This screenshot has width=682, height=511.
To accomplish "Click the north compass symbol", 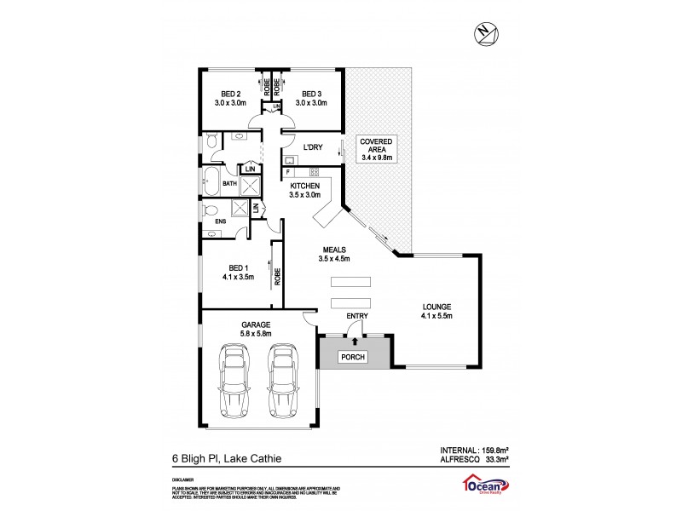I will click(x=484, y=32).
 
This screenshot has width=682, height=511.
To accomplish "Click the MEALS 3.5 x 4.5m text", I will click(x=333, y=254).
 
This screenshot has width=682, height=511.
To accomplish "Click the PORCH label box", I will click(x=353, y=358).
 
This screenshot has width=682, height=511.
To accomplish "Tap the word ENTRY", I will click(x=356, y=317).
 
